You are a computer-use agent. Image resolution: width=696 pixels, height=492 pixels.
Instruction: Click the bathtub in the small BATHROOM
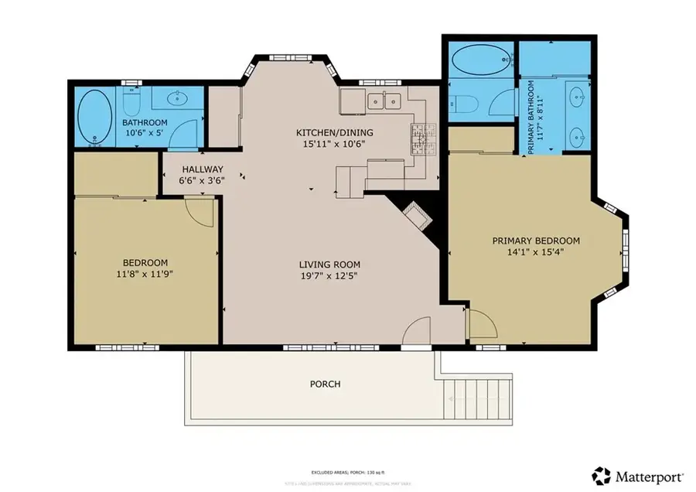pos(94,117)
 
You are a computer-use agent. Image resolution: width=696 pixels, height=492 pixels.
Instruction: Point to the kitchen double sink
pos(382,100)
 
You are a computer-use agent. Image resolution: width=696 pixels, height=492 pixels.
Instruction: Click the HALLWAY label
pos(203,169)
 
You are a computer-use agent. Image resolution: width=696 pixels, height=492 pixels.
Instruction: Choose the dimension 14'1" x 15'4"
pos(536,252)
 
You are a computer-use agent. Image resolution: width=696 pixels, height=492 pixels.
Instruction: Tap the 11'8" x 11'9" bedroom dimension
pos(144,274)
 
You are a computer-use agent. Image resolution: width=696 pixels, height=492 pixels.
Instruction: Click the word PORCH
pos(325,384)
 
